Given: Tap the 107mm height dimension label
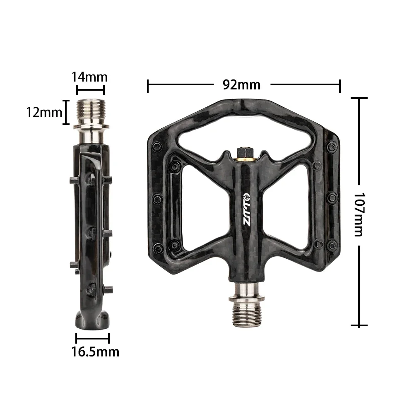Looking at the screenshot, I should tap(358, 214).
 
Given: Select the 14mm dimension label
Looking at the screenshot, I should tap(89, 77).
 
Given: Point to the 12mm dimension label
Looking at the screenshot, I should tap(44, 112).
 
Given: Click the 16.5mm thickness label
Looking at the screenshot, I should tap(95, 352).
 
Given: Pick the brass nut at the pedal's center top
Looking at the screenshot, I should tap(242, 156).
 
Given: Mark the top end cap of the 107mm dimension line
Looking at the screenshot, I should tap(359, 98).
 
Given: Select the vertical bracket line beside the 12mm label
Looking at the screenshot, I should tap(65, 112).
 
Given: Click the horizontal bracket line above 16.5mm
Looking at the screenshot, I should tap(92, 338).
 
